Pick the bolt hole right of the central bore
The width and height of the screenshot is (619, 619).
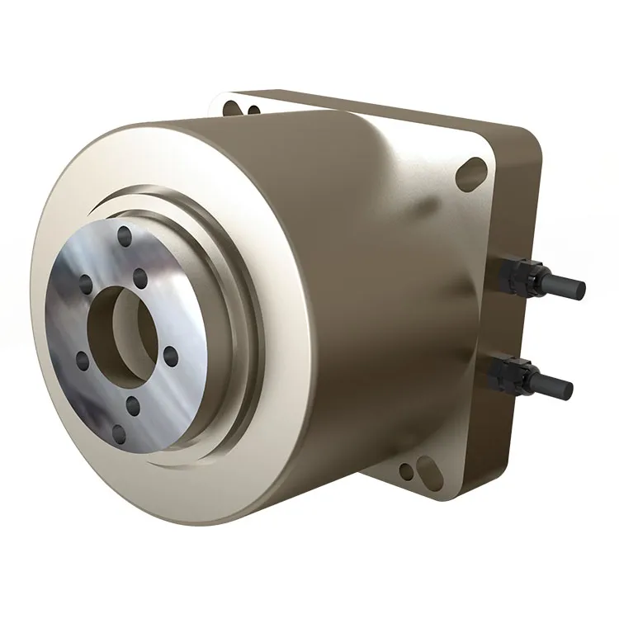tap(170, 356)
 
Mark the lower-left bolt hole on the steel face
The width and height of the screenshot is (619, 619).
tap(81, 360)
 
